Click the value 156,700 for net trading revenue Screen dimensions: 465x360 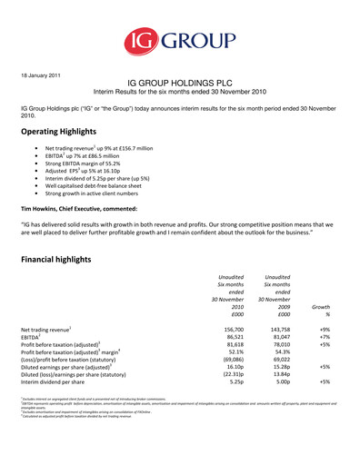(230, 329)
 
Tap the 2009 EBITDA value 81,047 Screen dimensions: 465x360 (276, 338)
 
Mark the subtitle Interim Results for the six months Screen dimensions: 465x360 (178, 93)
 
